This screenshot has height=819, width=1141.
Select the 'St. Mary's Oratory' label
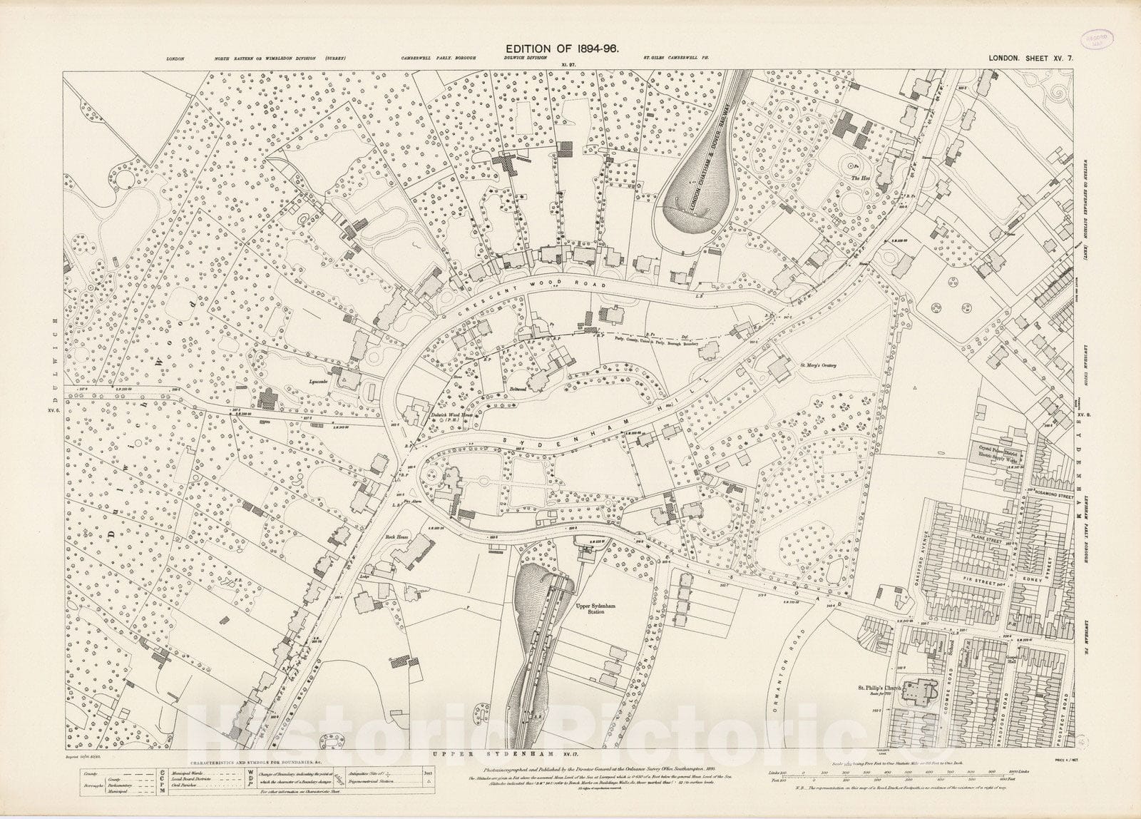[x=817, y=365]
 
